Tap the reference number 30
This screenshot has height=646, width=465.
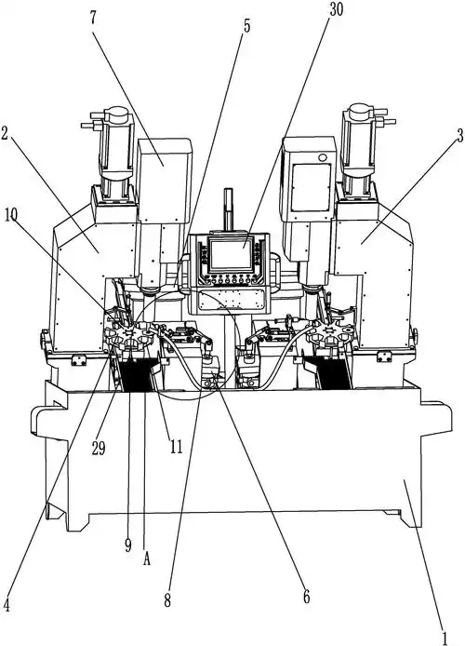point(337,10)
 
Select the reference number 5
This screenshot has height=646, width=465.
point(246,26)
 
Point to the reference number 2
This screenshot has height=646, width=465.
point(4,134)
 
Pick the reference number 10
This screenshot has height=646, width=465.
point(11,215)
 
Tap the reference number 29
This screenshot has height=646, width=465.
point(99,448)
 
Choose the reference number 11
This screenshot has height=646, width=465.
point(176,447)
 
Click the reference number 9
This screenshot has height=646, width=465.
point(128,545)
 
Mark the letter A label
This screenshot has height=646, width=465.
point(147,559)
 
